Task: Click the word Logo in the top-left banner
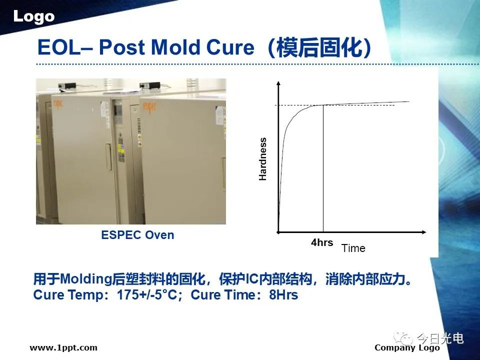click(x=33, y=16)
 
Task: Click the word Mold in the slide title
click(x=176, y=47)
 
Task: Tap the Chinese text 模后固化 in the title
click(x=319, y=48)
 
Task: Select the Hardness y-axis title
click(x=262, y=159)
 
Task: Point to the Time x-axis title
click(x=353, y=248)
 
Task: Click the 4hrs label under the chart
click(x=321, y=242)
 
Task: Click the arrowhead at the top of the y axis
click(x=278, y=83)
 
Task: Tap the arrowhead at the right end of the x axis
click(x=423, y=232)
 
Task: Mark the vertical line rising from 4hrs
click(x=323, y=168)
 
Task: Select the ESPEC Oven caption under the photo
click(x=138, y=235)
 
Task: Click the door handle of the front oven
click(x=108, y=156)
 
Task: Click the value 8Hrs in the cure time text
click(x=283, y=295)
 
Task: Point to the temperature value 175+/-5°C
click(x=147, y=295)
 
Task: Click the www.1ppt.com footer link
click(x=63, y=348)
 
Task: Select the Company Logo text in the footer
click(x=407, y=348)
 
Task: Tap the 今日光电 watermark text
click(x=440, y=338)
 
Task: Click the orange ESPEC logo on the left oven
click(x=58, y=104)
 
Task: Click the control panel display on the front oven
click(x=118, y=112)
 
